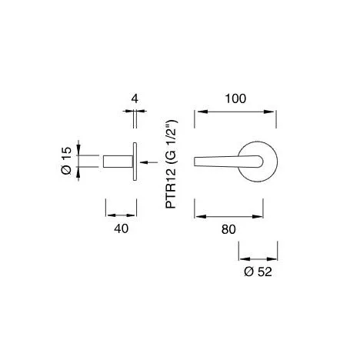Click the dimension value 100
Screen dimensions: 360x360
pos(235,98)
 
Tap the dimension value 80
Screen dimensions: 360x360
pos(228,229)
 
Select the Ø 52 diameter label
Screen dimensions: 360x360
pos(258,272)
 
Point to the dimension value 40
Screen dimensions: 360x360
pos(121,228)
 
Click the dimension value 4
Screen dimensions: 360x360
pos(135,98)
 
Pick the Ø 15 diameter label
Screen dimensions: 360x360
pos(66,161)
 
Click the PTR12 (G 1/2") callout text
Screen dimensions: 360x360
pos(171,165)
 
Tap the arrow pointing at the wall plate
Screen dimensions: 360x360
pos(148,162)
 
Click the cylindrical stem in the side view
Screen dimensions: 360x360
pos(118,162)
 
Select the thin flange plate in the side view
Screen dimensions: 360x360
pos(135,162)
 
